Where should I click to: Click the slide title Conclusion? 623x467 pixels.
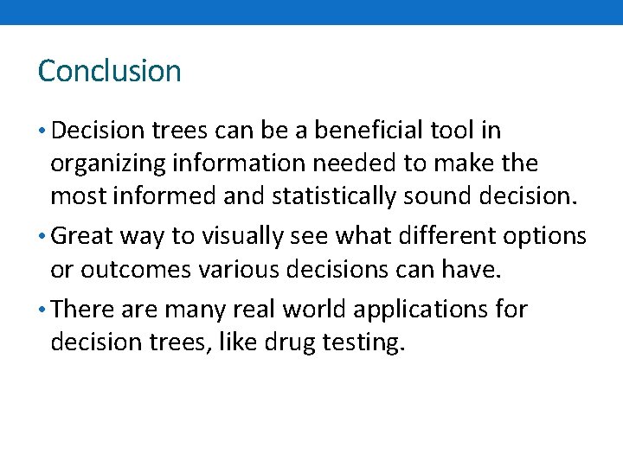[x=109, y=71]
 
